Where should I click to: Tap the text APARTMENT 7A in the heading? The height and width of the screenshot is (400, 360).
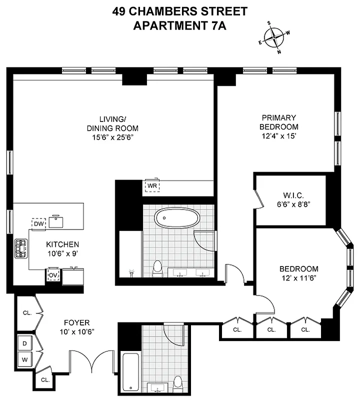coord(179,25)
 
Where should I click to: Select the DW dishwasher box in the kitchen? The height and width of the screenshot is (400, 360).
coord(39,224)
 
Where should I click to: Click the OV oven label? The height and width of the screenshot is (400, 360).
coord(52,275)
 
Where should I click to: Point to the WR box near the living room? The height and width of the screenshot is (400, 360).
coord(152,186)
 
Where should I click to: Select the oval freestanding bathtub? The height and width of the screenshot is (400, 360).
coord(177,218)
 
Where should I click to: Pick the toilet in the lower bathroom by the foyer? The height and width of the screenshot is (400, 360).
coord(177,383)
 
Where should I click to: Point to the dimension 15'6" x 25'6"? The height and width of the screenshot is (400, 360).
coord(111,136)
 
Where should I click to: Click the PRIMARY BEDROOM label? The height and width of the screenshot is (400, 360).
coord(279,122)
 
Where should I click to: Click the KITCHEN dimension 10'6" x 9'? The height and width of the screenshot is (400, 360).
coord(62,253)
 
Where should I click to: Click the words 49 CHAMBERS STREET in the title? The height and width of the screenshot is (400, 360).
coord(179,11)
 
